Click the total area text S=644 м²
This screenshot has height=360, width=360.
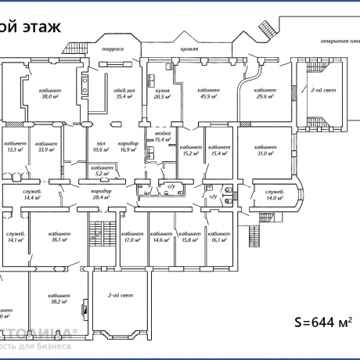(322, 321)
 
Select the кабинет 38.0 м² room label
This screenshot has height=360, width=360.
(50, 93)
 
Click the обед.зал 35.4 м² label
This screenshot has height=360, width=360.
(124, 93)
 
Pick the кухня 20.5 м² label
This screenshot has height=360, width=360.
(162, 93)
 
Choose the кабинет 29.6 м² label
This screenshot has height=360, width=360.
(267, 93)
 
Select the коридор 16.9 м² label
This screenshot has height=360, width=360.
(128, 147)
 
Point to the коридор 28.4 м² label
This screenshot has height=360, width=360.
(100, 194)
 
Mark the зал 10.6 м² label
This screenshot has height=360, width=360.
(100, 147)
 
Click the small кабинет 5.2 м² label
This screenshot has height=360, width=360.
(100, 171)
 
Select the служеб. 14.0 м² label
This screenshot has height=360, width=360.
(274, 195)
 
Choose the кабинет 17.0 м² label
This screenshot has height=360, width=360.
(132, 236)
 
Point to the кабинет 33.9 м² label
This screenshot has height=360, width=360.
(46, 147)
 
